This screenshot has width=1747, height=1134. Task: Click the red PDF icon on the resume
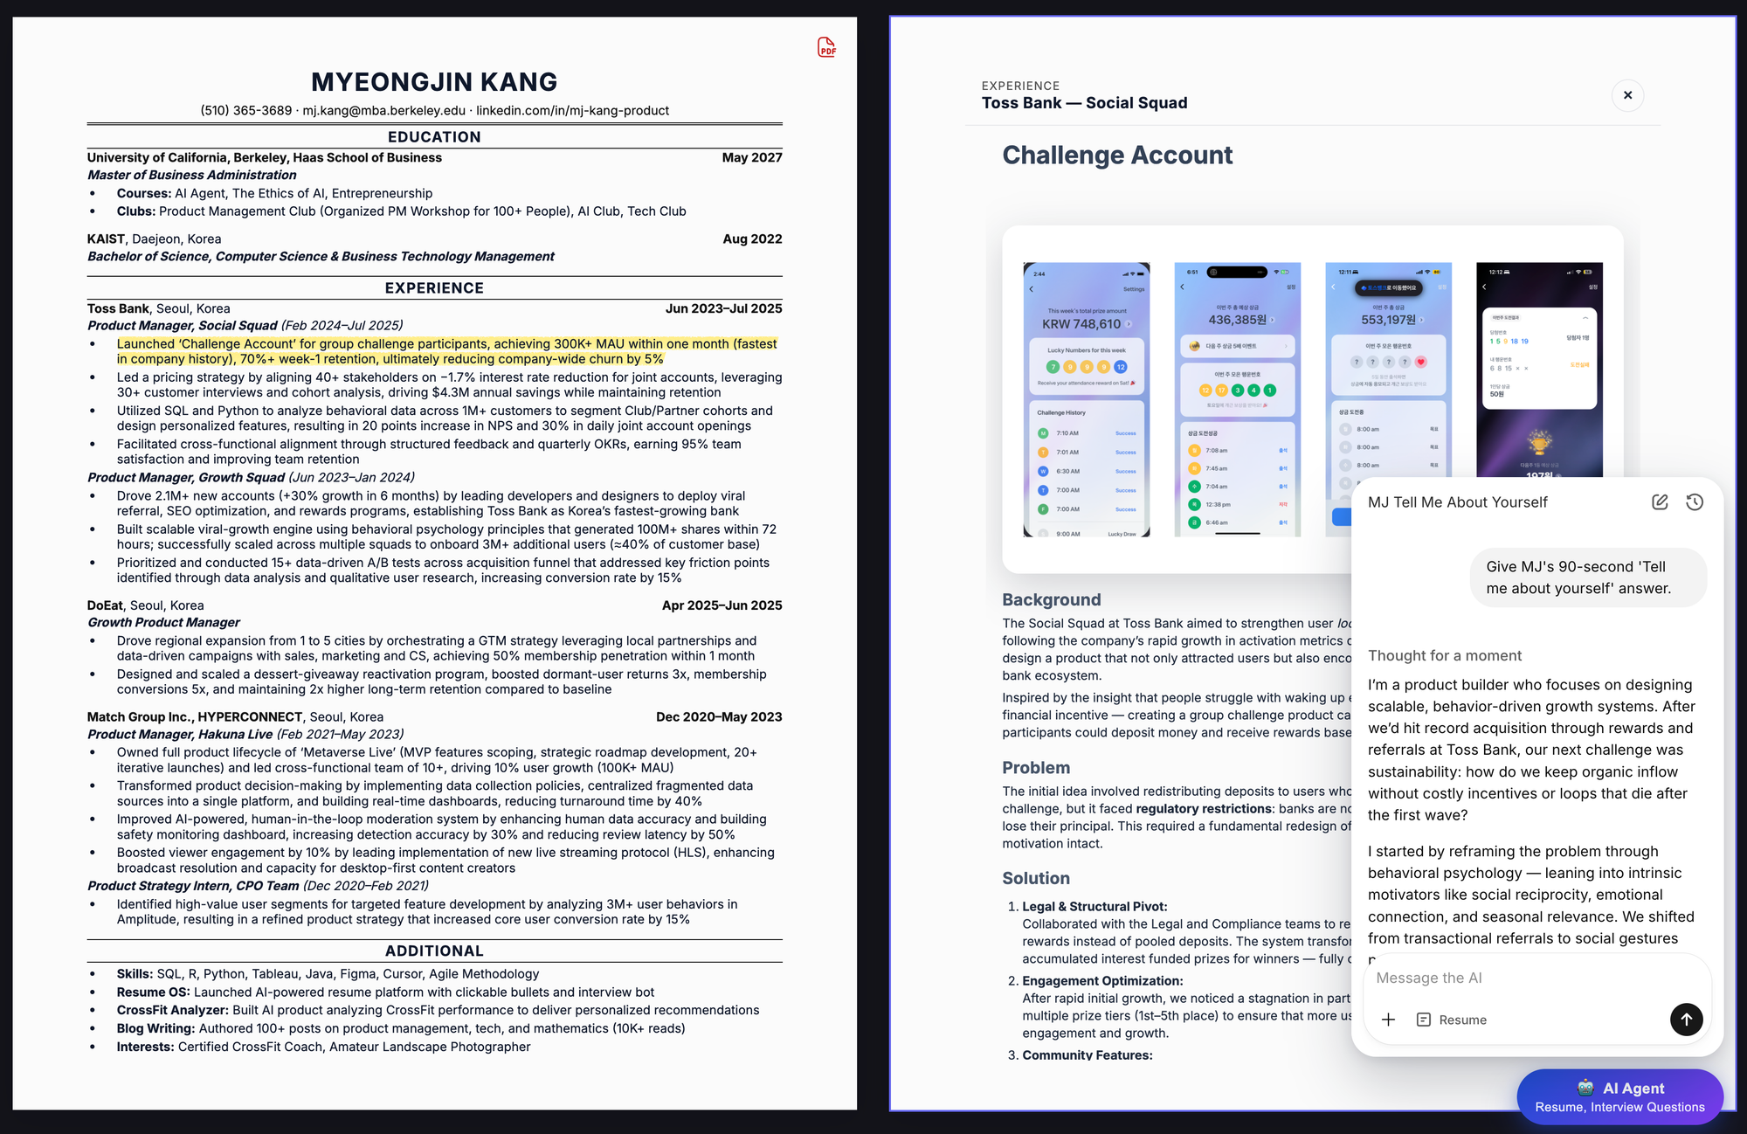(x=826, y=47)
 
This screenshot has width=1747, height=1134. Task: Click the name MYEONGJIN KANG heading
(x=434, y=82)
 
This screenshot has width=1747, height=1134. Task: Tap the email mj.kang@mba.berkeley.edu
(x=383, y=111)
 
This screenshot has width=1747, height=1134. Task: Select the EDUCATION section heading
(x=434, y=137)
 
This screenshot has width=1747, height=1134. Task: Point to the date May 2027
(x=751, y=158)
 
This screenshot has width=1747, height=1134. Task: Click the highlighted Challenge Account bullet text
(x=446, y=351)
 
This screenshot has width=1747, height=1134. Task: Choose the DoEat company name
(x=105, y=605)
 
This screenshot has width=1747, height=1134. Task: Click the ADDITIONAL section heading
(x=434, y=951)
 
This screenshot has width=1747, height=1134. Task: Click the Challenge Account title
(x=1117, y=156)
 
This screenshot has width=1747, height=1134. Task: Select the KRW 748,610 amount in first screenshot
(x=1081, y=324)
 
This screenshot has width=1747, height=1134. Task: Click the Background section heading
(x=1052, y=600)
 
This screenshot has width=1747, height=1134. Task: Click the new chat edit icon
(x=1660, y=502)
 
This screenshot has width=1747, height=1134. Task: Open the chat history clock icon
(x=1695, y=502)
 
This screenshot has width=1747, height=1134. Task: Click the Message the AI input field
(x=1520, y=978)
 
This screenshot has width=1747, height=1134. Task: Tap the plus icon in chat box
(x=1388, y=1020)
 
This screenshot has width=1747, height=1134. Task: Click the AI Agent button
(x=1619, y=1096)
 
